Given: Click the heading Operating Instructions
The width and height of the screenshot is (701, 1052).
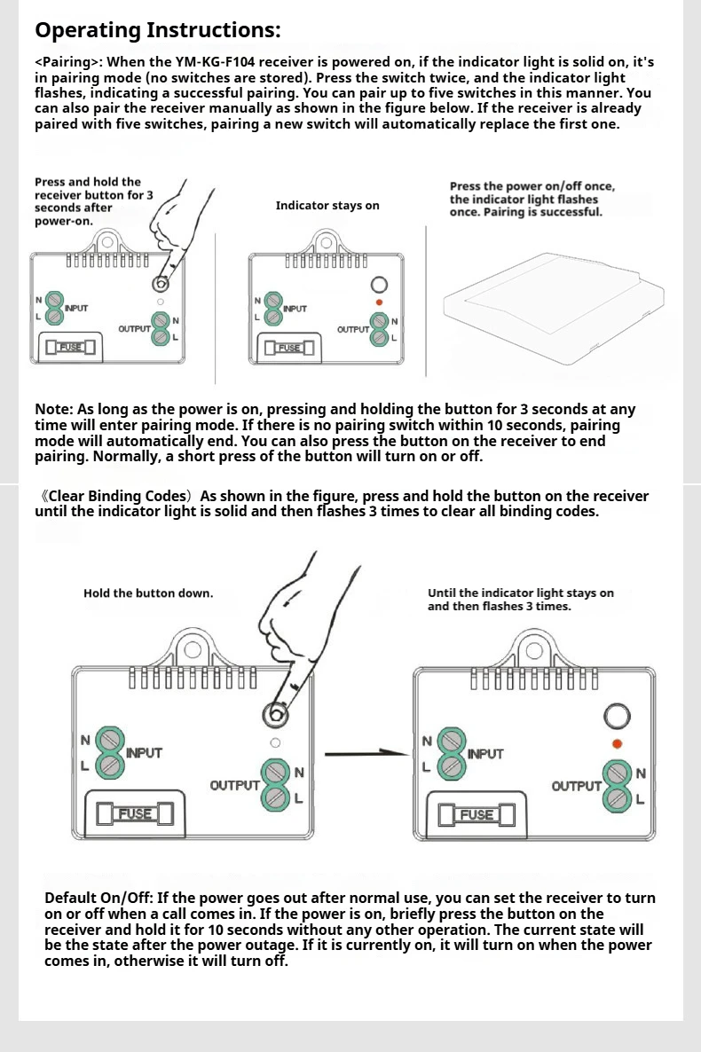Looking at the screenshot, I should (157, 30).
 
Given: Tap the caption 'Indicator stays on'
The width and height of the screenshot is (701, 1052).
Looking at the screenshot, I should (327, 206).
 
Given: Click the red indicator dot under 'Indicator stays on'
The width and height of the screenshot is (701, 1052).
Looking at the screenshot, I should (379, 302).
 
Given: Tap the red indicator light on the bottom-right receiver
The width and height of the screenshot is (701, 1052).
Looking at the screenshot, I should (617, 743).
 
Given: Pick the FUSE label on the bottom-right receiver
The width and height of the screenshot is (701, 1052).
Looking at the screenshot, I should (477, 814).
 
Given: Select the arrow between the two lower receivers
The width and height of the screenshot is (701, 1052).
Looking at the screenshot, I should (366, 754).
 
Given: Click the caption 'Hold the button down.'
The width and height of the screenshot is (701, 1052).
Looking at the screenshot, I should (148, 593).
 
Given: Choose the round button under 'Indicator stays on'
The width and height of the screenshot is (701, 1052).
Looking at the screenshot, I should (379, 285).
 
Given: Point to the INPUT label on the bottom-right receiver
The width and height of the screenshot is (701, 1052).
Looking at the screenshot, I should (485, 754).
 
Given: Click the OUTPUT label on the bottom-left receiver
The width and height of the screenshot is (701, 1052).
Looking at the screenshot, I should (234, 786).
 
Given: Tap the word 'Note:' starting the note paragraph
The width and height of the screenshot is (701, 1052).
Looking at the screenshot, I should (54, 410).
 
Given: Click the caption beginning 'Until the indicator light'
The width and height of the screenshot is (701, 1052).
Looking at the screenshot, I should (520, 600).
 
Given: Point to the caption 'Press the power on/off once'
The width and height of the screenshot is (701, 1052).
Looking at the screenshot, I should (532, 186).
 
